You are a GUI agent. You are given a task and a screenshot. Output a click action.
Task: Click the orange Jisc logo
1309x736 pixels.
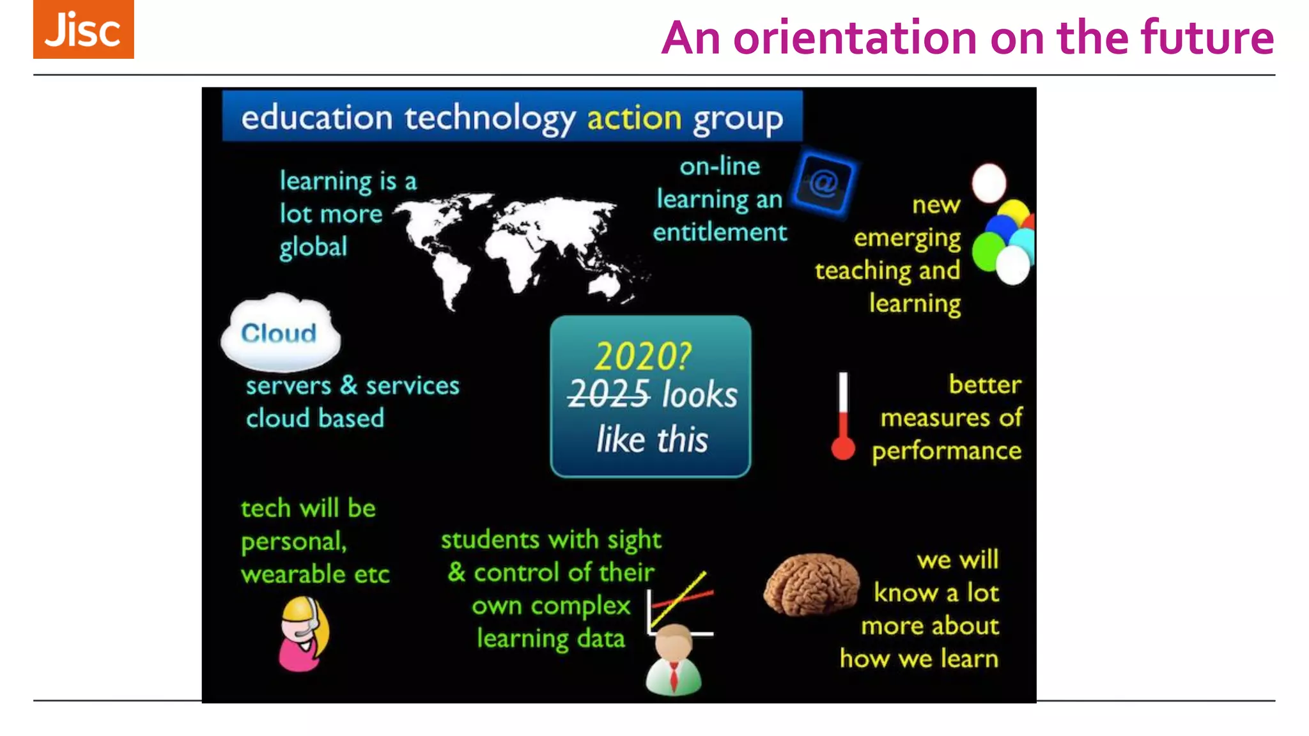click(x=83, y=29)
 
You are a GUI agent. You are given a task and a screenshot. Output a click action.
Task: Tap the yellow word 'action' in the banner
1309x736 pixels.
click(x=634, y=118)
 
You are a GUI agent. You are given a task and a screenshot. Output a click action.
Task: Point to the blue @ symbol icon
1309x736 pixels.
click(x=823, y=184)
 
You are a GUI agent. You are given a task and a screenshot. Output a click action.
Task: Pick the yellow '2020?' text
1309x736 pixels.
click(x=642, y=356)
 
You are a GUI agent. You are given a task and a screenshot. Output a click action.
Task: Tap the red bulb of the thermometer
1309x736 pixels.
click(x=843, y=448)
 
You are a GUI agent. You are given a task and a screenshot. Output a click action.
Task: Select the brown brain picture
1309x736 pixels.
click(x=811, y=584)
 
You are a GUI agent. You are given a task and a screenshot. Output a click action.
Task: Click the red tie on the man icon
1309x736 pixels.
click(x=674, y=676)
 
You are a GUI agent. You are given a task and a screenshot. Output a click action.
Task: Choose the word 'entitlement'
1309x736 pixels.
click(x=720, y=233)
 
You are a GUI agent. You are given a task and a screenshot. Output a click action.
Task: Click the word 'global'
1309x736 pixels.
click(x=313, y=247)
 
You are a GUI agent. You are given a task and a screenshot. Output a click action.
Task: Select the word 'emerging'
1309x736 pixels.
click(x=907, y=238)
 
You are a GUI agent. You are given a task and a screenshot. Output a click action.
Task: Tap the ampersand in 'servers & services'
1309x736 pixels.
click(x=348, y=385)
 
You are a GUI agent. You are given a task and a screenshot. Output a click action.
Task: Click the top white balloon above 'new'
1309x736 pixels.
click(x=989, y=183)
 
